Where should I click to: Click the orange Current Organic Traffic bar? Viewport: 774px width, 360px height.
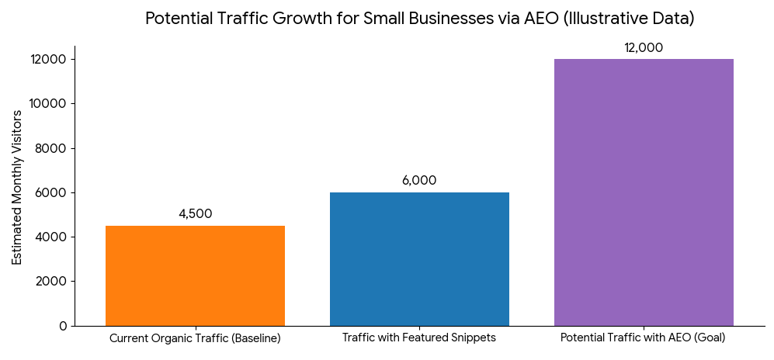[195, 275]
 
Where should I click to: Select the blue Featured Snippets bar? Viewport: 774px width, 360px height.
[419, 259]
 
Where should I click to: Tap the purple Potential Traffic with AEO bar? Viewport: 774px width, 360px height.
[644, 192]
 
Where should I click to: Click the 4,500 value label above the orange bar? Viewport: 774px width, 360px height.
[195, 214]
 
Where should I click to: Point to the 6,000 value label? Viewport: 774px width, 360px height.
[419, 181]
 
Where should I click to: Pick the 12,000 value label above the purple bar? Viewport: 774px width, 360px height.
[644, 48]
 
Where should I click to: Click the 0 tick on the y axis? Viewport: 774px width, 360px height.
[63, 326]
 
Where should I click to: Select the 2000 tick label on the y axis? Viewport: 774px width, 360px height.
[52, 282]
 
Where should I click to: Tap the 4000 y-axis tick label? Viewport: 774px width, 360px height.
[52, 237]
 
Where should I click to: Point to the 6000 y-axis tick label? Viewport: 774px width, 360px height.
[52, 192]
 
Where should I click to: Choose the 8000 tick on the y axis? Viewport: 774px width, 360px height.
[52, 148]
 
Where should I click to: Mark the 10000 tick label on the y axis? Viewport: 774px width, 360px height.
[49, 104]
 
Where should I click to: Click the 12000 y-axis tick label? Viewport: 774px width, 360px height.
[49, 60]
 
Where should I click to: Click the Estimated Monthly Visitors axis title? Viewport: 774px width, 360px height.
[17, 187]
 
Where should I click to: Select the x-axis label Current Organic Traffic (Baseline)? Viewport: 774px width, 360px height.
[195, 339]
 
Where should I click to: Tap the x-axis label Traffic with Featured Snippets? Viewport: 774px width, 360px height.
[419, 339]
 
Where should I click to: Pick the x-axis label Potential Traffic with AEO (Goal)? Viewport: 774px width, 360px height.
[644, 339]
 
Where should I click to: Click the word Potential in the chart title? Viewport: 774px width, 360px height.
[173, 19]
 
